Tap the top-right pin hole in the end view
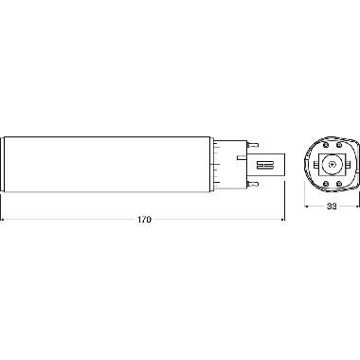point(340,143)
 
